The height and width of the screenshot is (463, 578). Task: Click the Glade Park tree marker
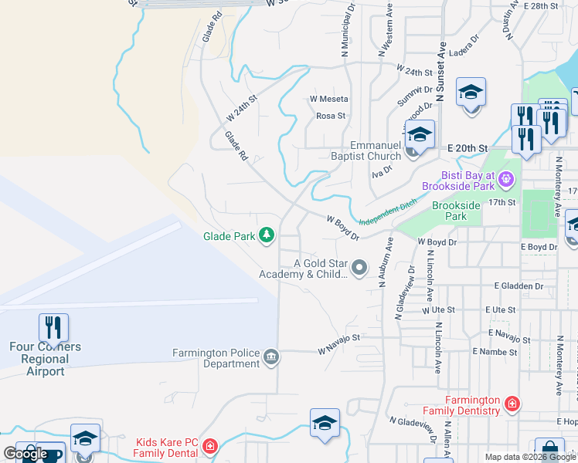(x=267, y=235)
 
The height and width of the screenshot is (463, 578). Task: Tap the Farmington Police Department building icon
(x=271, y=357)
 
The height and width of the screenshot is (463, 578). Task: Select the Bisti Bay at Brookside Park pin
(x=506, y=180)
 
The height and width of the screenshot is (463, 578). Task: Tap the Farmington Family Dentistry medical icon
(x=511, y=404)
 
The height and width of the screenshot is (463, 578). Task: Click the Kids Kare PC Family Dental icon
(x=210, y=447)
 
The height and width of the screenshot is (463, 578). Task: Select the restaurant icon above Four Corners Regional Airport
(x=53, y=327)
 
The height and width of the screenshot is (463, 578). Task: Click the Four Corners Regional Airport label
(x=45, y=359)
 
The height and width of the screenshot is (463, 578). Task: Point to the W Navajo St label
(x=339, y=344)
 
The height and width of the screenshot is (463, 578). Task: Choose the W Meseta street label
(x=329, y=99)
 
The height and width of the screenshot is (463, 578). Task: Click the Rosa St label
(x=330, y=116)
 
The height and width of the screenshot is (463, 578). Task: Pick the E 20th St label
(x=468, y=147)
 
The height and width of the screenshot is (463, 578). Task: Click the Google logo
(x=25, y=454)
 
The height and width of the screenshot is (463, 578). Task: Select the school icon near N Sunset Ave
(x=470, y=93)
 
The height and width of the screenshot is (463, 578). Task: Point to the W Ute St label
(x=437, y=309)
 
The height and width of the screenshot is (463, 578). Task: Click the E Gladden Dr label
(x=522, y=286)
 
